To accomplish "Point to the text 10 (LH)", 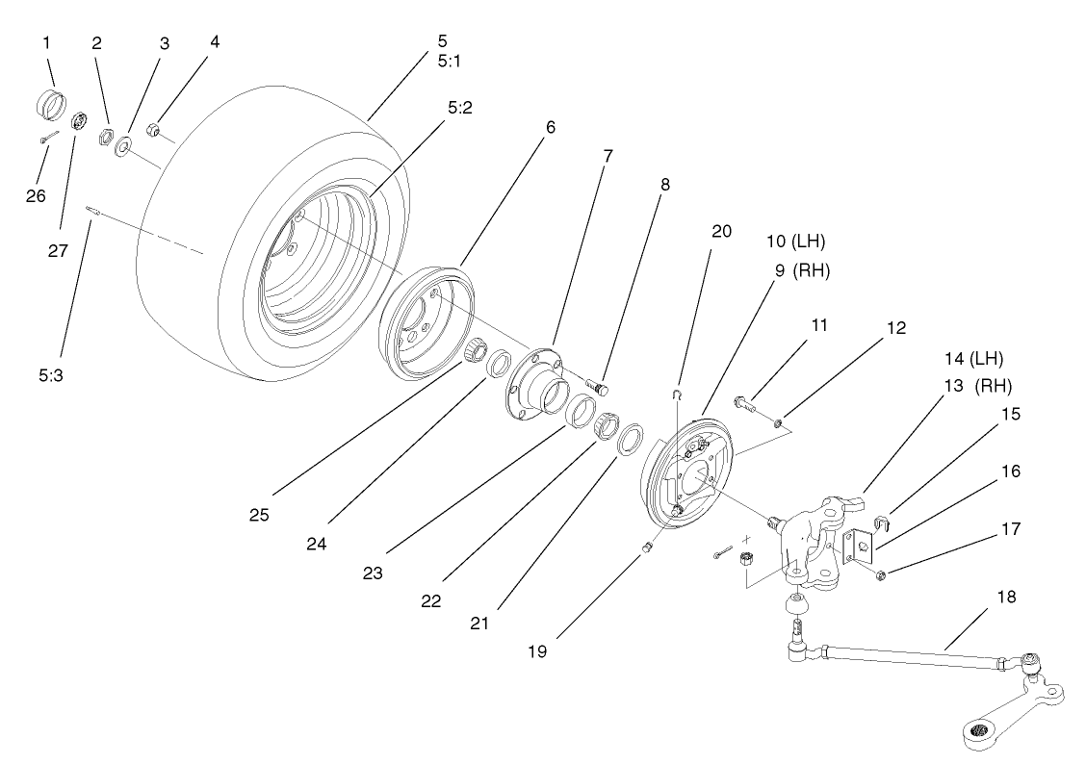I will pos(795,240).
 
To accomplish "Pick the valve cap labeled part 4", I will pos(153,130).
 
